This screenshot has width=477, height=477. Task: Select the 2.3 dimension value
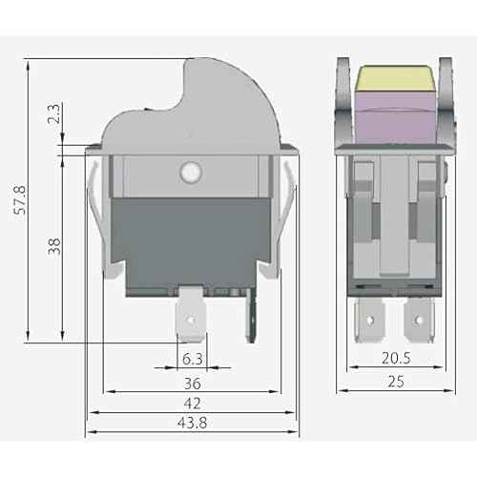tap(55, 116)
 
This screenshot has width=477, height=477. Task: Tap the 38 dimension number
tap(54, 245)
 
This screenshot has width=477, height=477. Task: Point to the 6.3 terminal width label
tap(191, 360)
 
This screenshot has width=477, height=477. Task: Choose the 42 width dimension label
tap(192, 404)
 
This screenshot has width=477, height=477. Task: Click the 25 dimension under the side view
tap(395, 382)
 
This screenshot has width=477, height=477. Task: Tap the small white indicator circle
tap(189, 173)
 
